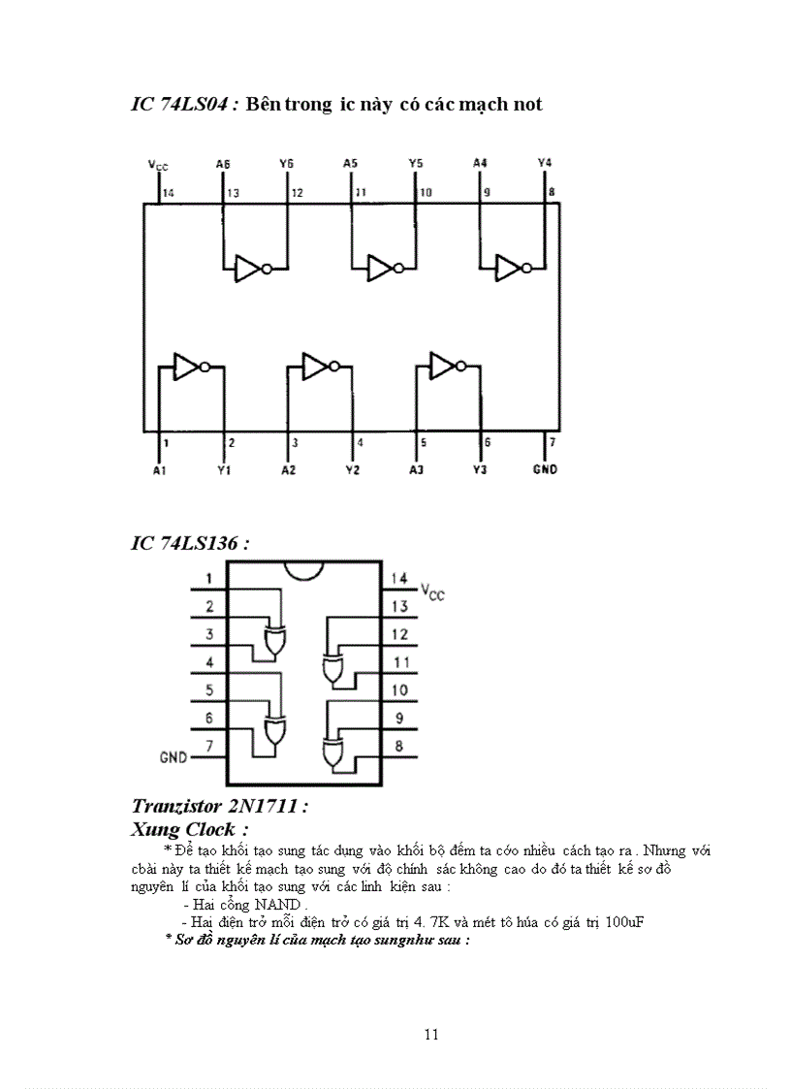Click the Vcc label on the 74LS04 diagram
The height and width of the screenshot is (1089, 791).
pyautogui.click(x=157, y=166)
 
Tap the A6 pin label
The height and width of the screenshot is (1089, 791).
pyautogui.click(x=223, y=164)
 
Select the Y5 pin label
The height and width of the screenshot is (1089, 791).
pyautogui.click(x=415, y=164)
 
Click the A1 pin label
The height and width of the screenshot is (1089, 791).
pyautogui.click(x=159, y=470)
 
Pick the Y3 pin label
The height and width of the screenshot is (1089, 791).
pyautogui.click(x=480, y=470)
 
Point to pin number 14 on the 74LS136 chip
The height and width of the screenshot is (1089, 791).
pyautogui.click(x=399, y=579)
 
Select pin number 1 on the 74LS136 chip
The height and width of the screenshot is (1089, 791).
pyautogui.click(x=208, y=579)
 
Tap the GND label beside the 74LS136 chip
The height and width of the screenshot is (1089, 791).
pyautogui.click(x=174, y=756)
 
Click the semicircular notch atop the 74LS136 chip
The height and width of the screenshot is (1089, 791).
pyautogui.click(x=303, y=572)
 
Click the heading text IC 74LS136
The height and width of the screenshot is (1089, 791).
pyautogui.click(x=190, y=542)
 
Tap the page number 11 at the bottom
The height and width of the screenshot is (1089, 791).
pyautogui.click(x=432, y=1034)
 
